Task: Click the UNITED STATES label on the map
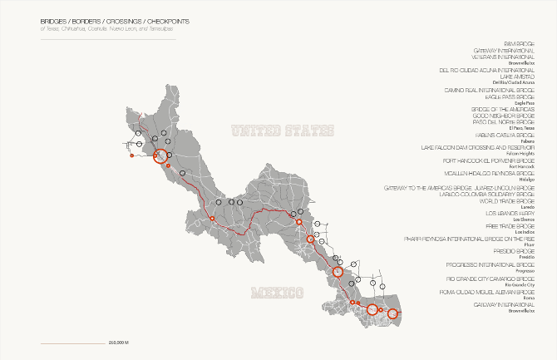pyautogui.click(x=282, y=131)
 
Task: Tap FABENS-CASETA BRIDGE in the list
pyautogui.click(x=491, y=135)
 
